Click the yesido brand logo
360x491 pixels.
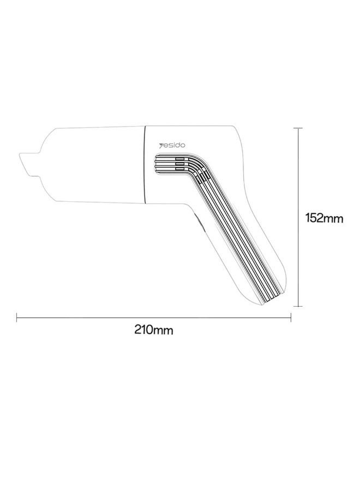point(172,145)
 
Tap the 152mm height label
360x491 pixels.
point(324,218)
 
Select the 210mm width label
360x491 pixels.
point(154,330)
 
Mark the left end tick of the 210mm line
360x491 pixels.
point(16,317)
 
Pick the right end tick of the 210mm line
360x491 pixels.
point(291,317)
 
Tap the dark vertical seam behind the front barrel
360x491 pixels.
point(145,164)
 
